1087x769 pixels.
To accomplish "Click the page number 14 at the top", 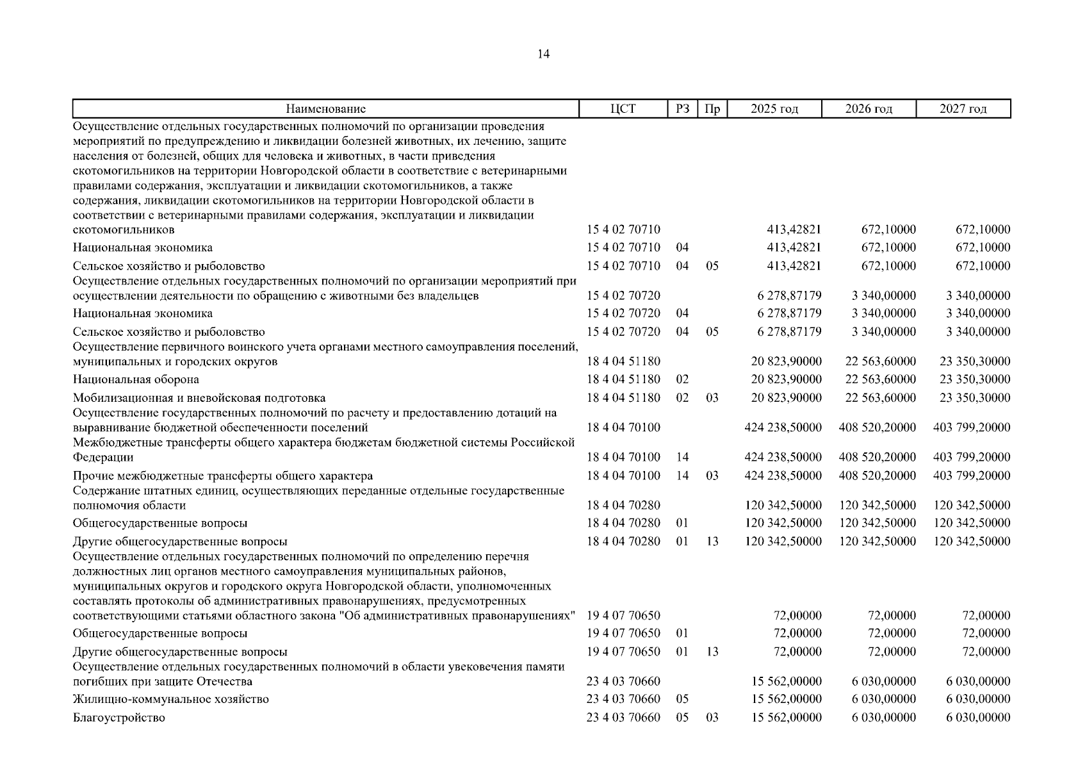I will (543, 54).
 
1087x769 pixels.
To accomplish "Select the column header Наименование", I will (325, 109).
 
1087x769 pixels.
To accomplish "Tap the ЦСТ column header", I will (623, 109).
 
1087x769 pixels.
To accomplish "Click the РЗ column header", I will (682, 109).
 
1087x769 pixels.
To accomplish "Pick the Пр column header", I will (712, 109).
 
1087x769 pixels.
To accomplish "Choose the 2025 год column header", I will (774, 109).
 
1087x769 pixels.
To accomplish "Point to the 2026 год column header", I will (869, 109).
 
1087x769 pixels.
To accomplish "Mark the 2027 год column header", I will (963, 109).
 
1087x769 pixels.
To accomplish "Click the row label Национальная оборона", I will (136, 379).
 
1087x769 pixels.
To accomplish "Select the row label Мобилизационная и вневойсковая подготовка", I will (199, 398).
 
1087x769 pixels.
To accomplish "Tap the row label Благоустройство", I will (119, 718).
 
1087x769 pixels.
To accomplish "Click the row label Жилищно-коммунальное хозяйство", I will (171, 699).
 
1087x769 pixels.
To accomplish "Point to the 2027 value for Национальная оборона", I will (974, 379).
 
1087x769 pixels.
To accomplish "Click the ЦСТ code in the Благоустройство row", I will (623, 718).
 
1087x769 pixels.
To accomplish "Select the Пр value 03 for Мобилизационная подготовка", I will (712, 398).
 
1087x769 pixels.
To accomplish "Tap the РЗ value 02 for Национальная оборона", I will (682, 379).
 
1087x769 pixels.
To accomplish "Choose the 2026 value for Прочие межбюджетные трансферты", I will (877, 475).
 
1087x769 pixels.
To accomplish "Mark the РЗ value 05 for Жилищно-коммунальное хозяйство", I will (682, 699).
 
